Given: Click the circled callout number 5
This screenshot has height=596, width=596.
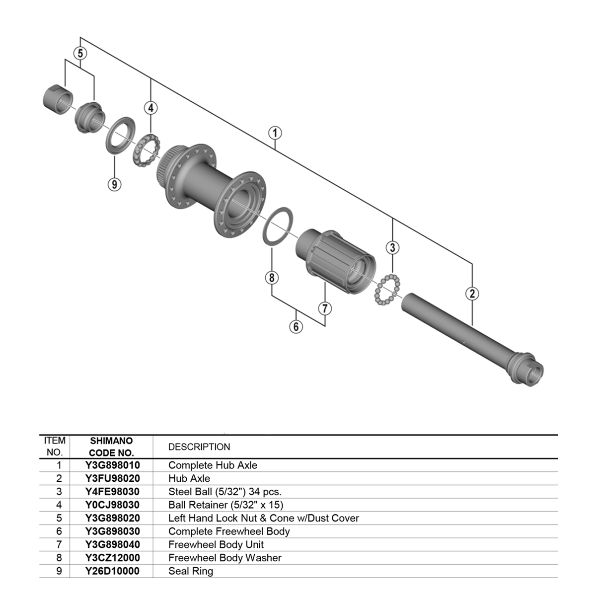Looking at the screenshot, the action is click(80, 53).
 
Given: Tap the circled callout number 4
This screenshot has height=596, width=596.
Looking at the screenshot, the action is click(150, 108).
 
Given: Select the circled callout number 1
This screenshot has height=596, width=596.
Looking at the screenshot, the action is click(275, 133).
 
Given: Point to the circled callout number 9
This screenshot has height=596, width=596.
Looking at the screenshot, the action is click(114, 184).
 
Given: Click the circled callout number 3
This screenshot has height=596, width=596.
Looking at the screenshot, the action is click(392, 247).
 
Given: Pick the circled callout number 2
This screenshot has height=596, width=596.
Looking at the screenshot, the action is click(472, 293).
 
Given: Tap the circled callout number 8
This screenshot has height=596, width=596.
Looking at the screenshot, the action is click(272, 278).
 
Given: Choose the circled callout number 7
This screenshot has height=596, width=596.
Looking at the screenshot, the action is click(325, 308).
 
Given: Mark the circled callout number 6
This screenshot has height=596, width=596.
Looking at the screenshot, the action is click(296, 327).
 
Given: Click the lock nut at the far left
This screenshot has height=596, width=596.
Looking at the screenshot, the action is click(58, 99).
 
